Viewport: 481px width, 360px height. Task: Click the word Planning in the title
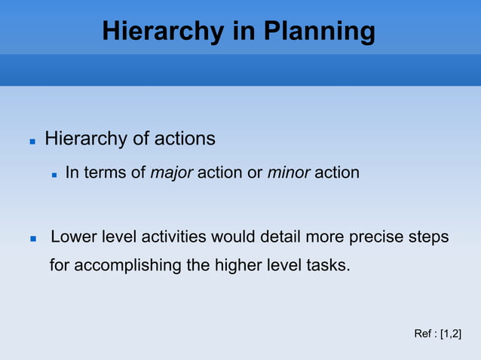[319, 32]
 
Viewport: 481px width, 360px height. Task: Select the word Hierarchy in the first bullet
[86, 139]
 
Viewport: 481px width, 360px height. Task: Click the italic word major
[172, 173]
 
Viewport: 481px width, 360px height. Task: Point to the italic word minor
[288, 173]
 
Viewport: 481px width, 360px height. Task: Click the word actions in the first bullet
[185, 139]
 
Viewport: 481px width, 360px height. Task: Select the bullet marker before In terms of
[54, 174]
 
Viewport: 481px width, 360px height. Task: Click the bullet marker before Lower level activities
[32, 239]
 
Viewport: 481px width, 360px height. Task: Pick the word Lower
[73, 237]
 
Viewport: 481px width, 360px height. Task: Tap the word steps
[429, 237]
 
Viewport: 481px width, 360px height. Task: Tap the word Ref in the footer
[423, 334]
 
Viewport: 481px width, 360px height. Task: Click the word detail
[280, 237]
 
